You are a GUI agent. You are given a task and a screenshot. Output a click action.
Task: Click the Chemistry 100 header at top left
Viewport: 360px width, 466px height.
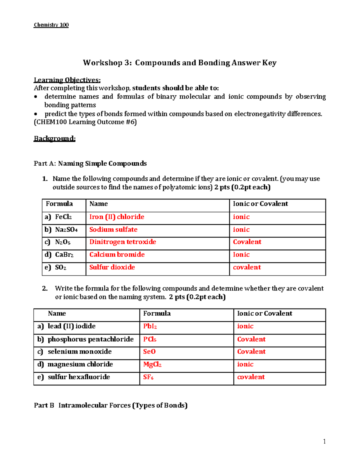point(51,25)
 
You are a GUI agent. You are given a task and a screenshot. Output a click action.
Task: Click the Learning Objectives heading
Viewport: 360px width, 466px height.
point(67,80)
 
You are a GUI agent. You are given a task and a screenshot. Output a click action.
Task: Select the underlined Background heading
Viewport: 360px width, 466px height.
point(55,138)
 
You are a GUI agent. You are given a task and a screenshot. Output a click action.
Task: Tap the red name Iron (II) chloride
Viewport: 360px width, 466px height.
point(117,217)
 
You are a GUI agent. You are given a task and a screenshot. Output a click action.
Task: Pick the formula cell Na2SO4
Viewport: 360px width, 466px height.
point(66,230)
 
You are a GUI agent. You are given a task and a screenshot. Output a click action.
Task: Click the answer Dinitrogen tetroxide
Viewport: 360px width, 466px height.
point(123,242)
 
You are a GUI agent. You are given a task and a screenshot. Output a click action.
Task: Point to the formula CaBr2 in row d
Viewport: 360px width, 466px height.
point(64,255)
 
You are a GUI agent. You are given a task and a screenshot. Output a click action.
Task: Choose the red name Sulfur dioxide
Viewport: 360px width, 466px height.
point(112,267)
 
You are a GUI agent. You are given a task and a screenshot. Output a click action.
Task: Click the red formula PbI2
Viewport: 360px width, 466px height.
point(150,326)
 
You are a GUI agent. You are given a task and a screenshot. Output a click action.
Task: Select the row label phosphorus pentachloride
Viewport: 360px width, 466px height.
point(91,339)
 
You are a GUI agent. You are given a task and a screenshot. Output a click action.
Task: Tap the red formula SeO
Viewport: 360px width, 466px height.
point(149,352)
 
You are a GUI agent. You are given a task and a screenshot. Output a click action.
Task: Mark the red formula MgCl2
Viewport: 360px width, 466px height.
point(152,365)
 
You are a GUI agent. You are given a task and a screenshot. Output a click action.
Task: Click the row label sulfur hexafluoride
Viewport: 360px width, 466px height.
point(79,377)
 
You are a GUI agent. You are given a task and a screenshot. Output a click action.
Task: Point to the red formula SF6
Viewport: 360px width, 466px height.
point(148,377)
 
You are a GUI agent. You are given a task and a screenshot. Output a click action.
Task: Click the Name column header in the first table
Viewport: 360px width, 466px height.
point(98,204)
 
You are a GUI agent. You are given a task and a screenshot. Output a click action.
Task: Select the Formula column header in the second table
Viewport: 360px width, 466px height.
point(157,314)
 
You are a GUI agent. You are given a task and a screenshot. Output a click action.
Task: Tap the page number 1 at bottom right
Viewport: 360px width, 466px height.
point(324,441)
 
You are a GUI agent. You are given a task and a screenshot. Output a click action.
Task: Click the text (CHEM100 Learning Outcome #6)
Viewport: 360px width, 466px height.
point(85,122)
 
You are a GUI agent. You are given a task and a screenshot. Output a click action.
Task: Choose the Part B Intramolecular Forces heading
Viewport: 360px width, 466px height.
point(111,405)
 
